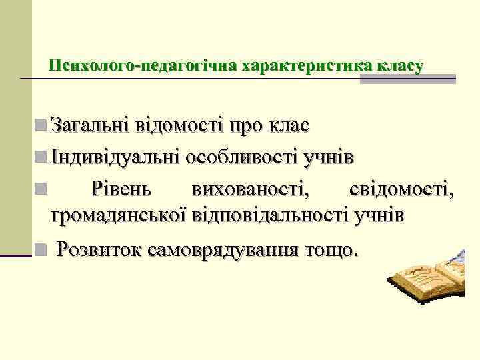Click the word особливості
(241, 157)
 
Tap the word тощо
(331, 250)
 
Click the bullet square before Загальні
(41, 124)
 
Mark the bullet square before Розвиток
(41, 251)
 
